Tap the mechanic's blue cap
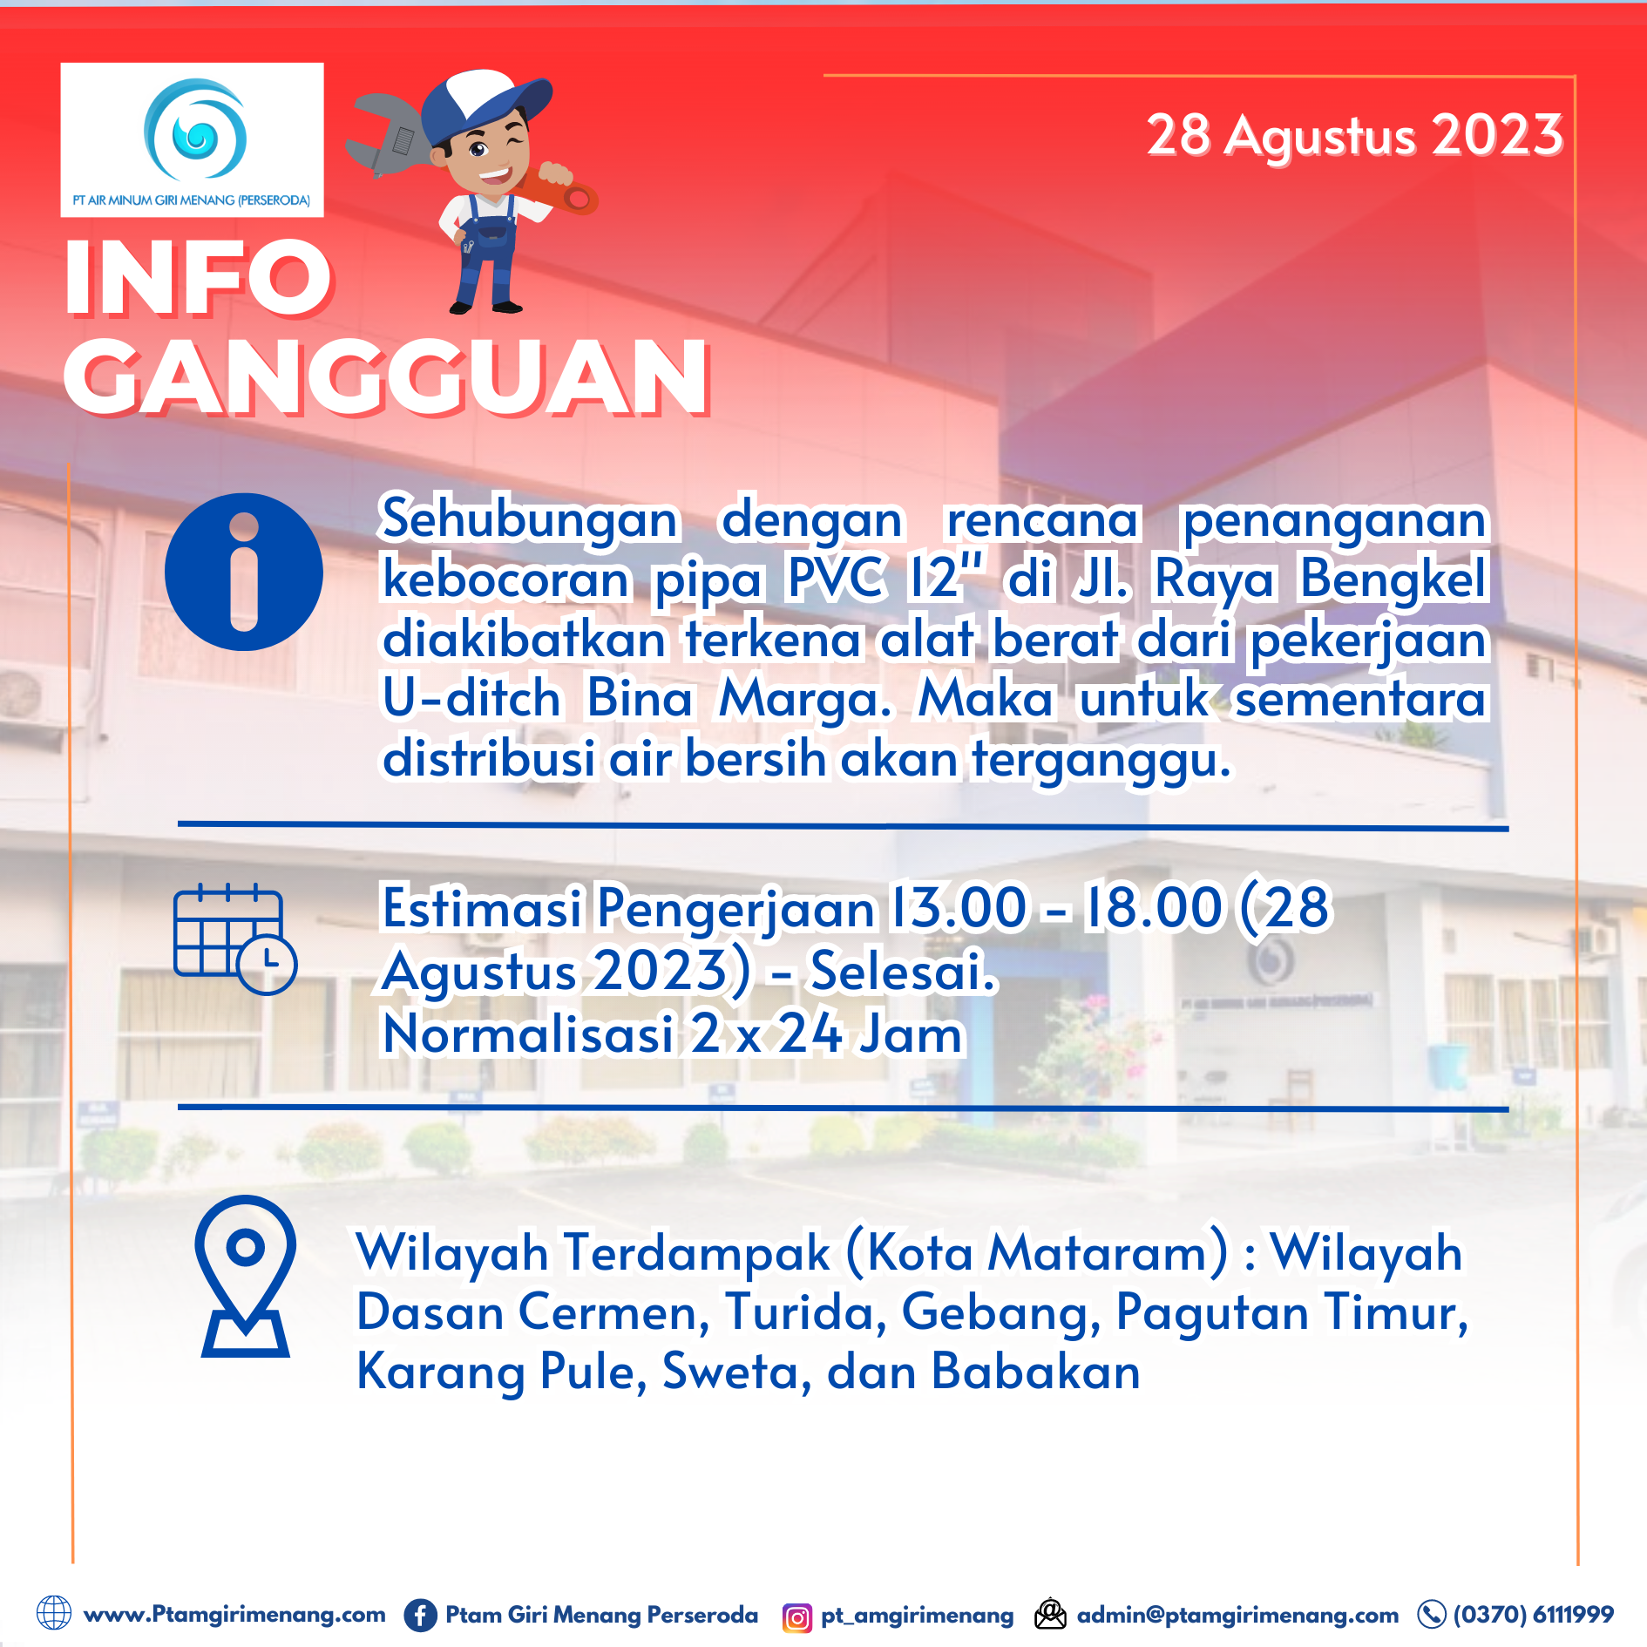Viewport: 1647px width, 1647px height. [x=484, y=100]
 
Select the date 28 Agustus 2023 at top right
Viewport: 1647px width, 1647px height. [x=1354, y=136]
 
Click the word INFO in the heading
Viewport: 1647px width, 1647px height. [x=198, y=278]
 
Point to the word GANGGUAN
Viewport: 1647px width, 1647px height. [x=387, y=377]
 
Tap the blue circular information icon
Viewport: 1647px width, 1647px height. [x=244, y=572]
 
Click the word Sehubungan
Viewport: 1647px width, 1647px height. [x=529, y=520]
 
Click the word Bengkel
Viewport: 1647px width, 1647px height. [x=1393, y=579]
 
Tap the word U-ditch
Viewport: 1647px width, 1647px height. [x=471, y=699]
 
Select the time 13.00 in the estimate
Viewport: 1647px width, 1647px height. [x=958, y=908]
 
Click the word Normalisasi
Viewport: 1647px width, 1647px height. [x=528, y=1034]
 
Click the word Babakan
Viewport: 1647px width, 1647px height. [x=1035, y=1372]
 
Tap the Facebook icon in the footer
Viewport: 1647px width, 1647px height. [x=420, y=1615]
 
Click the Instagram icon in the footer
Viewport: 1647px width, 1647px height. [x=796, y=1617]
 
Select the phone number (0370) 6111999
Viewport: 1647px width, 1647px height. [x=1533, y=1615]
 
